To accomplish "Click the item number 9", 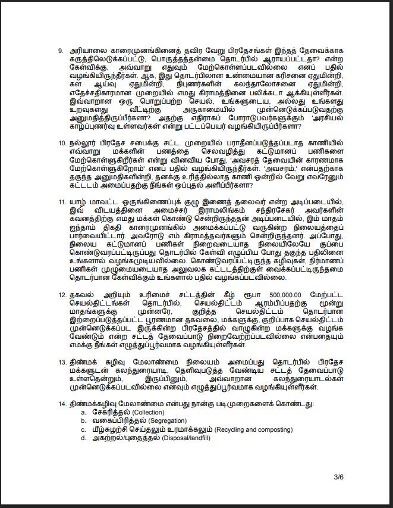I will pos(61,51).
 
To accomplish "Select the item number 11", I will pos(62,202).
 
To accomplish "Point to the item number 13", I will pos(62,361).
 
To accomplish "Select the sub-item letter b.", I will pos(83,421).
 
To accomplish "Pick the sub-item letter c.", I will pos(83,429).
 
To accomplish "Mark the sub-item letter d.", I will pos(83,438).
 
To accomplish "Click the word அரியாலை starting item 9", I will pos(87,51).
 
